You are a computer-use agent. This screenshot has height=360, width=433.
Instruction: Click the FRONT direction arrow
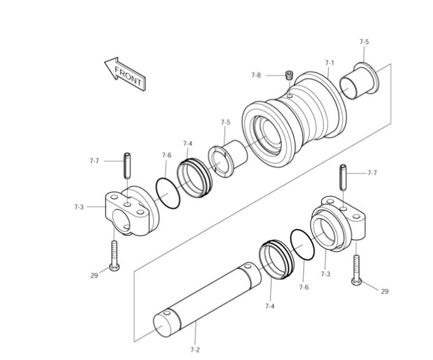coord(125,74)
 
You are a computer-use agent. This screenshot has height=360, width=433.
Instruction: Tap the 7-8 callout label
coord(256,75)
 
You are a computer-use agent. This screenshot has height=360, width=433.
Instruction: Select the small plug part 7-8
coord(288,76)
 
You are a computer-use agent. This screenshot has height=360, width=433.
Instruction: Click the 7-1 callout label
coord(329,63)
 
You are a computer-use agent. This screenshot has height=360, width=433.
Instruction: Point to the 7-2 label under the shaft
coord(195,349)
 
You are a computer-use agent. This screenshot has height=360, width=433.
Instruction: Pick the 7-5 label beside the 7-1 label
coord(364,42)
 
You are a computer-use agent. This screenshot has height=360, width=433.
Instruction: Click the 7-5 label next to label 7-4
coord(225,122)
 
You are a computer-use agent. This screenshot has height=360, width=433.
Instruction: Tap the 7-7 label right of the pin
coord(372,173)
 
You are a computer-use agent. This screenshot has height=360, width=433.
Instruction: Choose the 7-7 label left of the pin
coord(94,161)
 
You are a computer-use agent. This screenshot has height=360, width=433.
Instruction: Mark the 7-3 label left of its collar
coord(79,207)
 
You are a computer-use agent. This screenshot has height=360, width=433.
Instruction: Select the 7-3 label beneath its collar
coord(325,273)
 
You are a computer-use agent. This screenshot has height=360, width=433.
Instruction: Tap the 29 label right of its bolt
coord(384,291)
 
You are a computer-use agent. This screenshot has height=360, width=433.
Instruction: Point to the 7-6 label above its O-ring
coord(166,155)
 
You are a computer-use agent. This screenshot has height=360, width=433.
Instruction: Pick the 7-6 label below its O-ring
coord(303,287)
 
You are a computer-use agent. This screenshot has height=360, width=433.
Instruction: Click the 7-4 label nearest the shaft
coord(270,305)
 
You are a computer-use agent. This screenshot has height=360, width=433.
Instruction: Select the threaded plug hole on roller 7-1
coord(290,95)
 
